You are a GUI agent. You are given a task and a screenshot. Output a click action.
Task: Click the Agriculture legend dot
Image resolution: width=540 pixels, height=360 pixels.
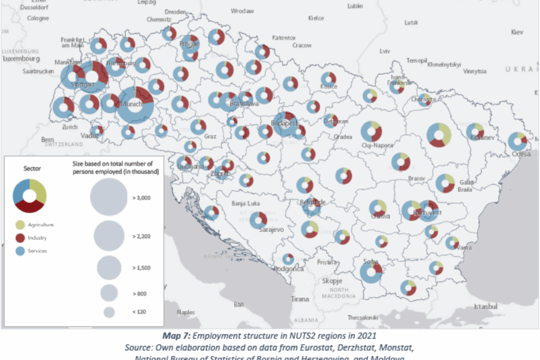click(19, 225)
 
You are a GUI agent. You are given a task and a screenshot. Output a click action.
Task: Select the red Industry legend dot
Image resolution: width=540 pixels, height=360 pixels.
click(19, 238)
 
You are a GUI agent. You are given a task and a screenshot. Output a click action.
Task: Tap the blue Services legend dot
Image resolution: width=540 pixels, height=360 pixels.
click(19, 251)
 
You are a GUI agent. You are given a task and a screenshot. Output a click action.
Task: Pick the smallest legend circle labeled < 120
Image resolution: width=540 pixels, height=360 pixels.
click(109, 312)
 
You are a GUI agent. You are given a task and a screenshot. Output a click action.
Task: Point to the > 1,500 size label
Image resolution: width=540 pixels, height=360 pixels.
click(141, 268)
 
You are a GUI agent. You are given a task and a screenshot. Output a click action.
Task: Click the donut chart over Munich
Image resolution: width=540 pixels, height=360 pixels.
click(135, 104)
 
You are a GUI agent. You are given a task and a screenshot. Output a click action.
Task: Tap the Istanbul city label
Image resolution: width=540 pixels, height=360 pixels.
click(486, 306)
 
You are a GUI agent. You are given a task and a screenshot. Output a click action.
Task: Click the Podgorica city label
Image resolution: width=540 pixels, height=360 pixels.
click(288, 269)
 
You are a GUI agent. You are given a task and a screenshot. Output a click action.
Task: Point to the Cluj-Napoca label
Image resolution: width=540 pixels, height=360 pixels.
click(377, 145)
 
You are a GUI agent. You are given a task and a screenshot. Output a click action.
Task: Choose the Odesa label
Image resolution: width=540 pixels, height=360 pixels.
click(521, 154)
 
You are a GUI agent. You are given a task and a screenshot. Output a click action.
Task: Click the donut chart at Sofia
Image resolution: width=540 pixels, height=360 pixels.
click(371, 272)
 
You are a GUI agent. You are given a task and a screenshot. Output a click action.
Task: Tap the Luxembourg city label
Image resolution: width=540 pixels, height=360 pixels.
click(21, 58)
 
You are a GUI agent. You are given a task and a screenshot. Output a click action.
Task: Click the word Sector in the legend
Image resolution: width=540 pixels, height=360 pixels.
click(32, 168)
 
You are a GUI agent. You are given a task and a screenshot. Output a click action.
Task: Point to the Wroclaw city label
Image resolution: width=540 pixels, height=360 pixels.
click(242, 10)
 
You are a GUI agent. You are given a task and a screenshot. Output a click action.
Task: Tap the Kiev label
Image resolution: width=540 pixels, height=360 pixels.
click(517, 32)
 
